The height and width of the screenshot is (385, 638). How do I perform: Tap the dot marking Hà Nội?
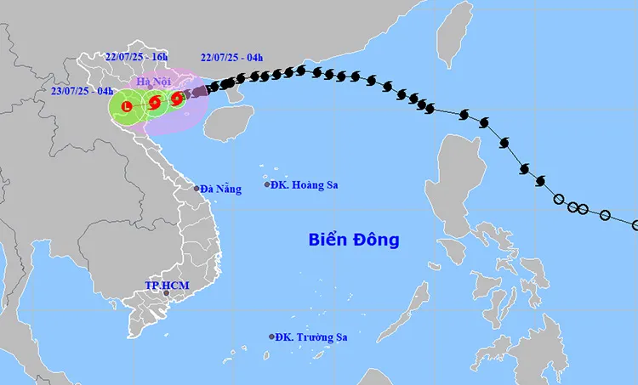(151, 88)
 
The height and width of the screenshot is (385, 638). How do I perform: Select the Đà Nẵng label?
(221, 189)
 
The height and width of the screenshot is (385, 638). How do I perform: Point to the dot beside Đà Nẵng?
(197, 189)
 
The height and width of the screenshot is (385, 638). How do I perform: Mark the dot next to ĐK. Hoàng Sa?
(267, 184)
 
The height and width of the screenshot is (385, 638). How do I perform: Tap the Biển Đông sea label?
(353, 240)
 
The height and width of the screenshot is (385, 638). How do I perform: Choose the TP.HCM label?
(162, 285)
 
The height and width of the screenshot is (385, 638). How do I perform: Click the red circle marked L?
(126, 107)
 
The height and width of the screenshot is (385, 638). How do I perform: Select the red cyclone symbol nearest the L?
(155, 104)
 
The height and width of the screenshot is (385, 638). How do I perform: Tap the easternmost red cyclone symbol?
(176, 99)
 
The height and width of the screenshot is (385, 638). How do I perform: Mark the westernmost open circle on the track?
(559, 201)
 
